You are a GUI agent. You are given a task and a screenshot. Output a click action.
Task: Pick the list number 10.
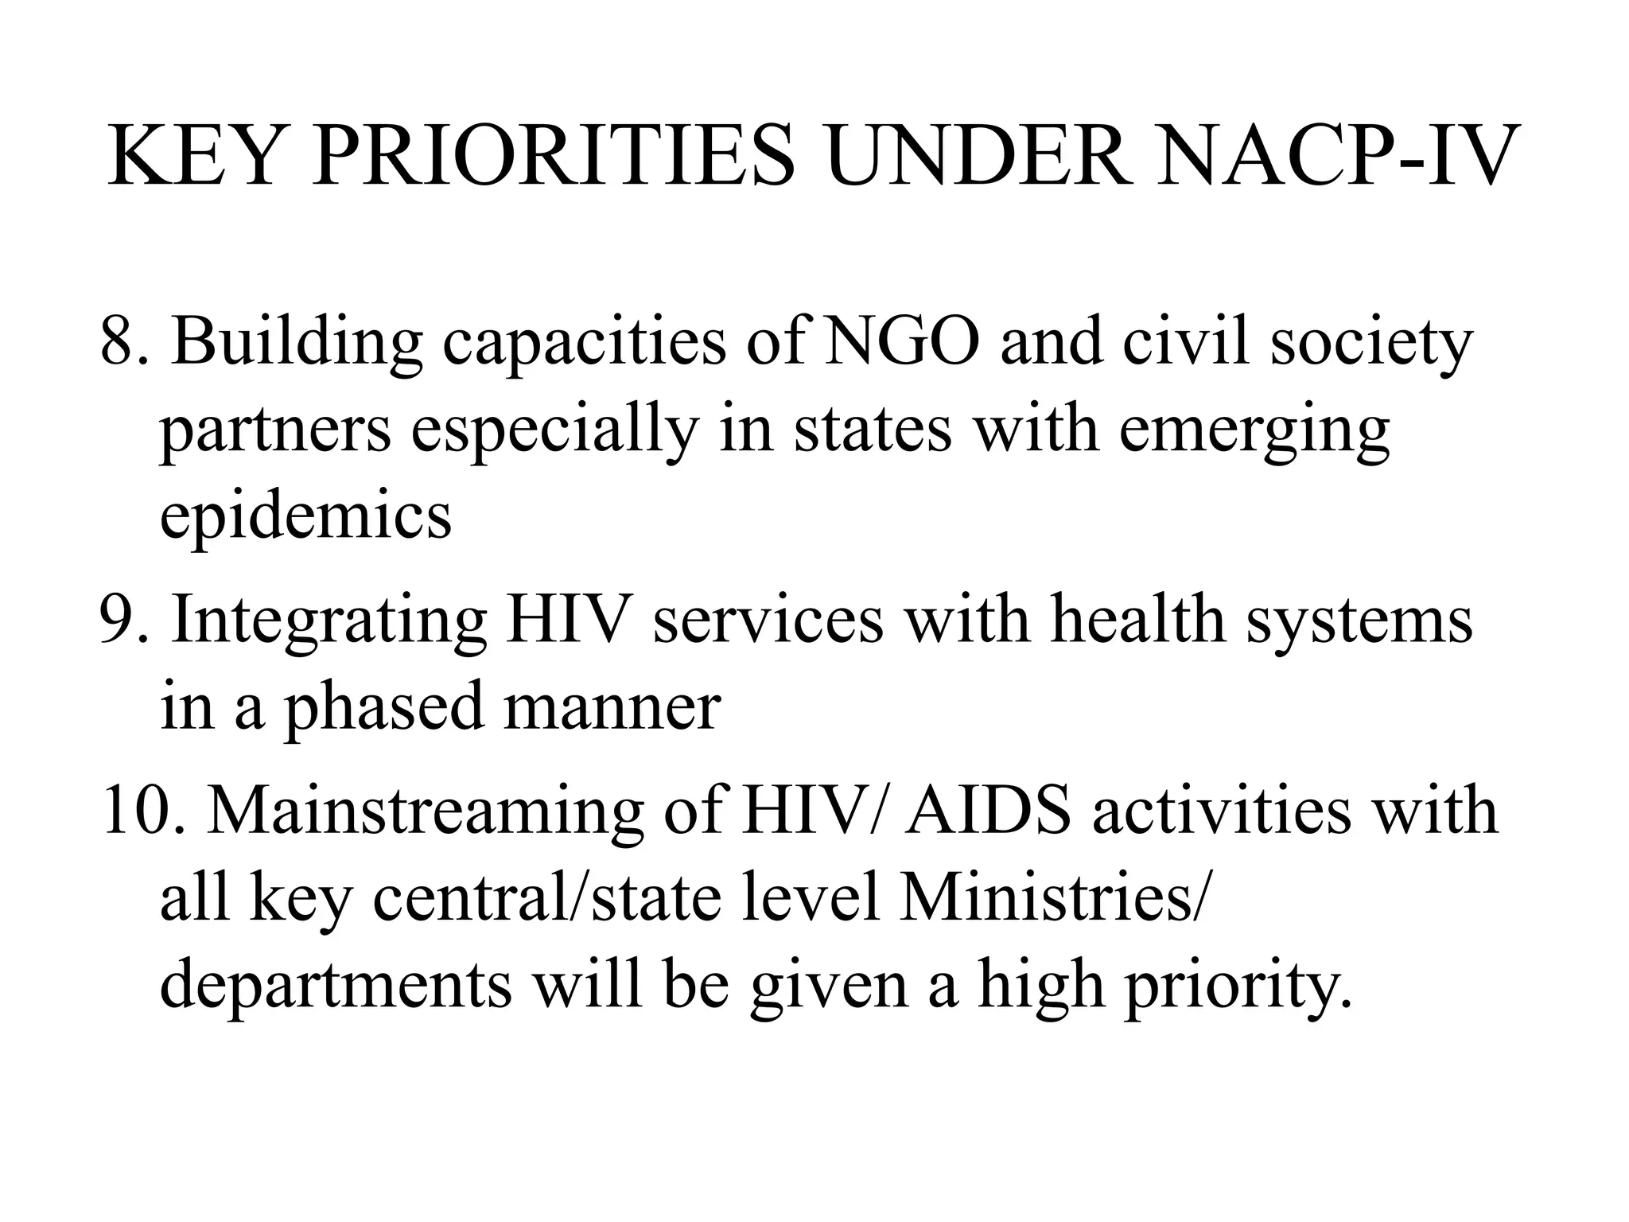point(143,811)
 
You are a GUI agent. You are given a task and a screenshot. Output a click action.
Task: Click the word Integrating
point(329,622)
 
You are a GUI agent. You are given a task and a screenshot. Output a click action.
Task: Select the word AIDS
point(987,811)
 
